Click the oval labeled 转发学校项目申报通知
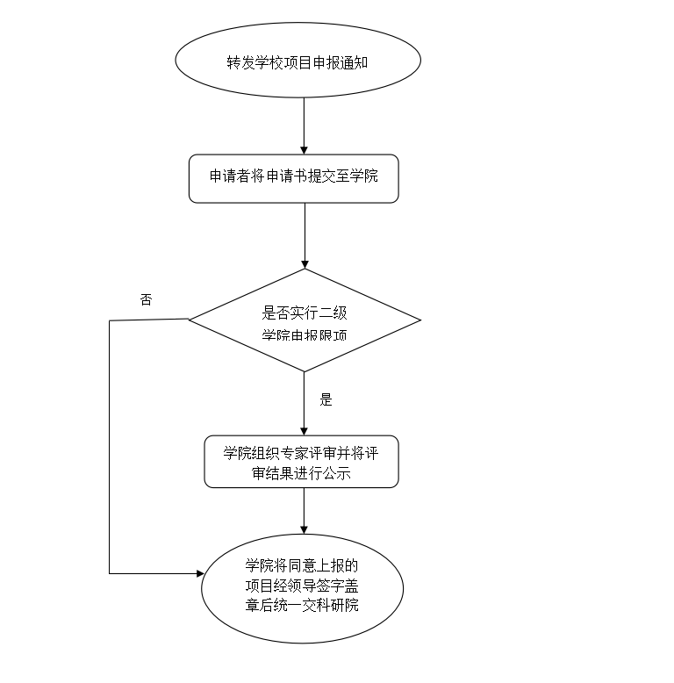pyautogui.click(x=298, y=61)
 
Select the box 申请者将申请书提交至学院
pyautogui.click(x=293, y=179)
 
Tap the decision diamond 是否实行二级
pyautogui.click(x=304, y=320)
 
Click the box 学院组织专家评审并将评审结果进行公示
pyautogui.click(x=301, y=462)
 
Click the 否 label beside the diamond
pyautogui.click(x=146, y=299)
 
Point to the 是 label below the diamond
pyautogui.click(x=326, y=400)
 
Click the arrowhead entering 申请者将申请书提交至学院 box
pyautogui.click(x=304, y=149)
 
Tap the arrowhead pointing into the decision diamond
pyautogui.click(x=304, y=262)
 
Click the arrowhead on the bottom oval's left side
pyautogui.click(x=197, y=573)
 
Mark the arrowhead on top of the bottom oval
pyautogui.click(x=304, y=528)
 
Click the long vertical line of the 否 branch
pyautogui.click(x=110, y=448)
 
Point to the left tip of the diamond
pyautogui.click(x=190, y=319)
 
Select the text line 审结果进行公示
pyautogui.click(x=300, y=474)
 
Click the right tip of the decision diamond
pyautogui.click(x=419, y=320)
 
